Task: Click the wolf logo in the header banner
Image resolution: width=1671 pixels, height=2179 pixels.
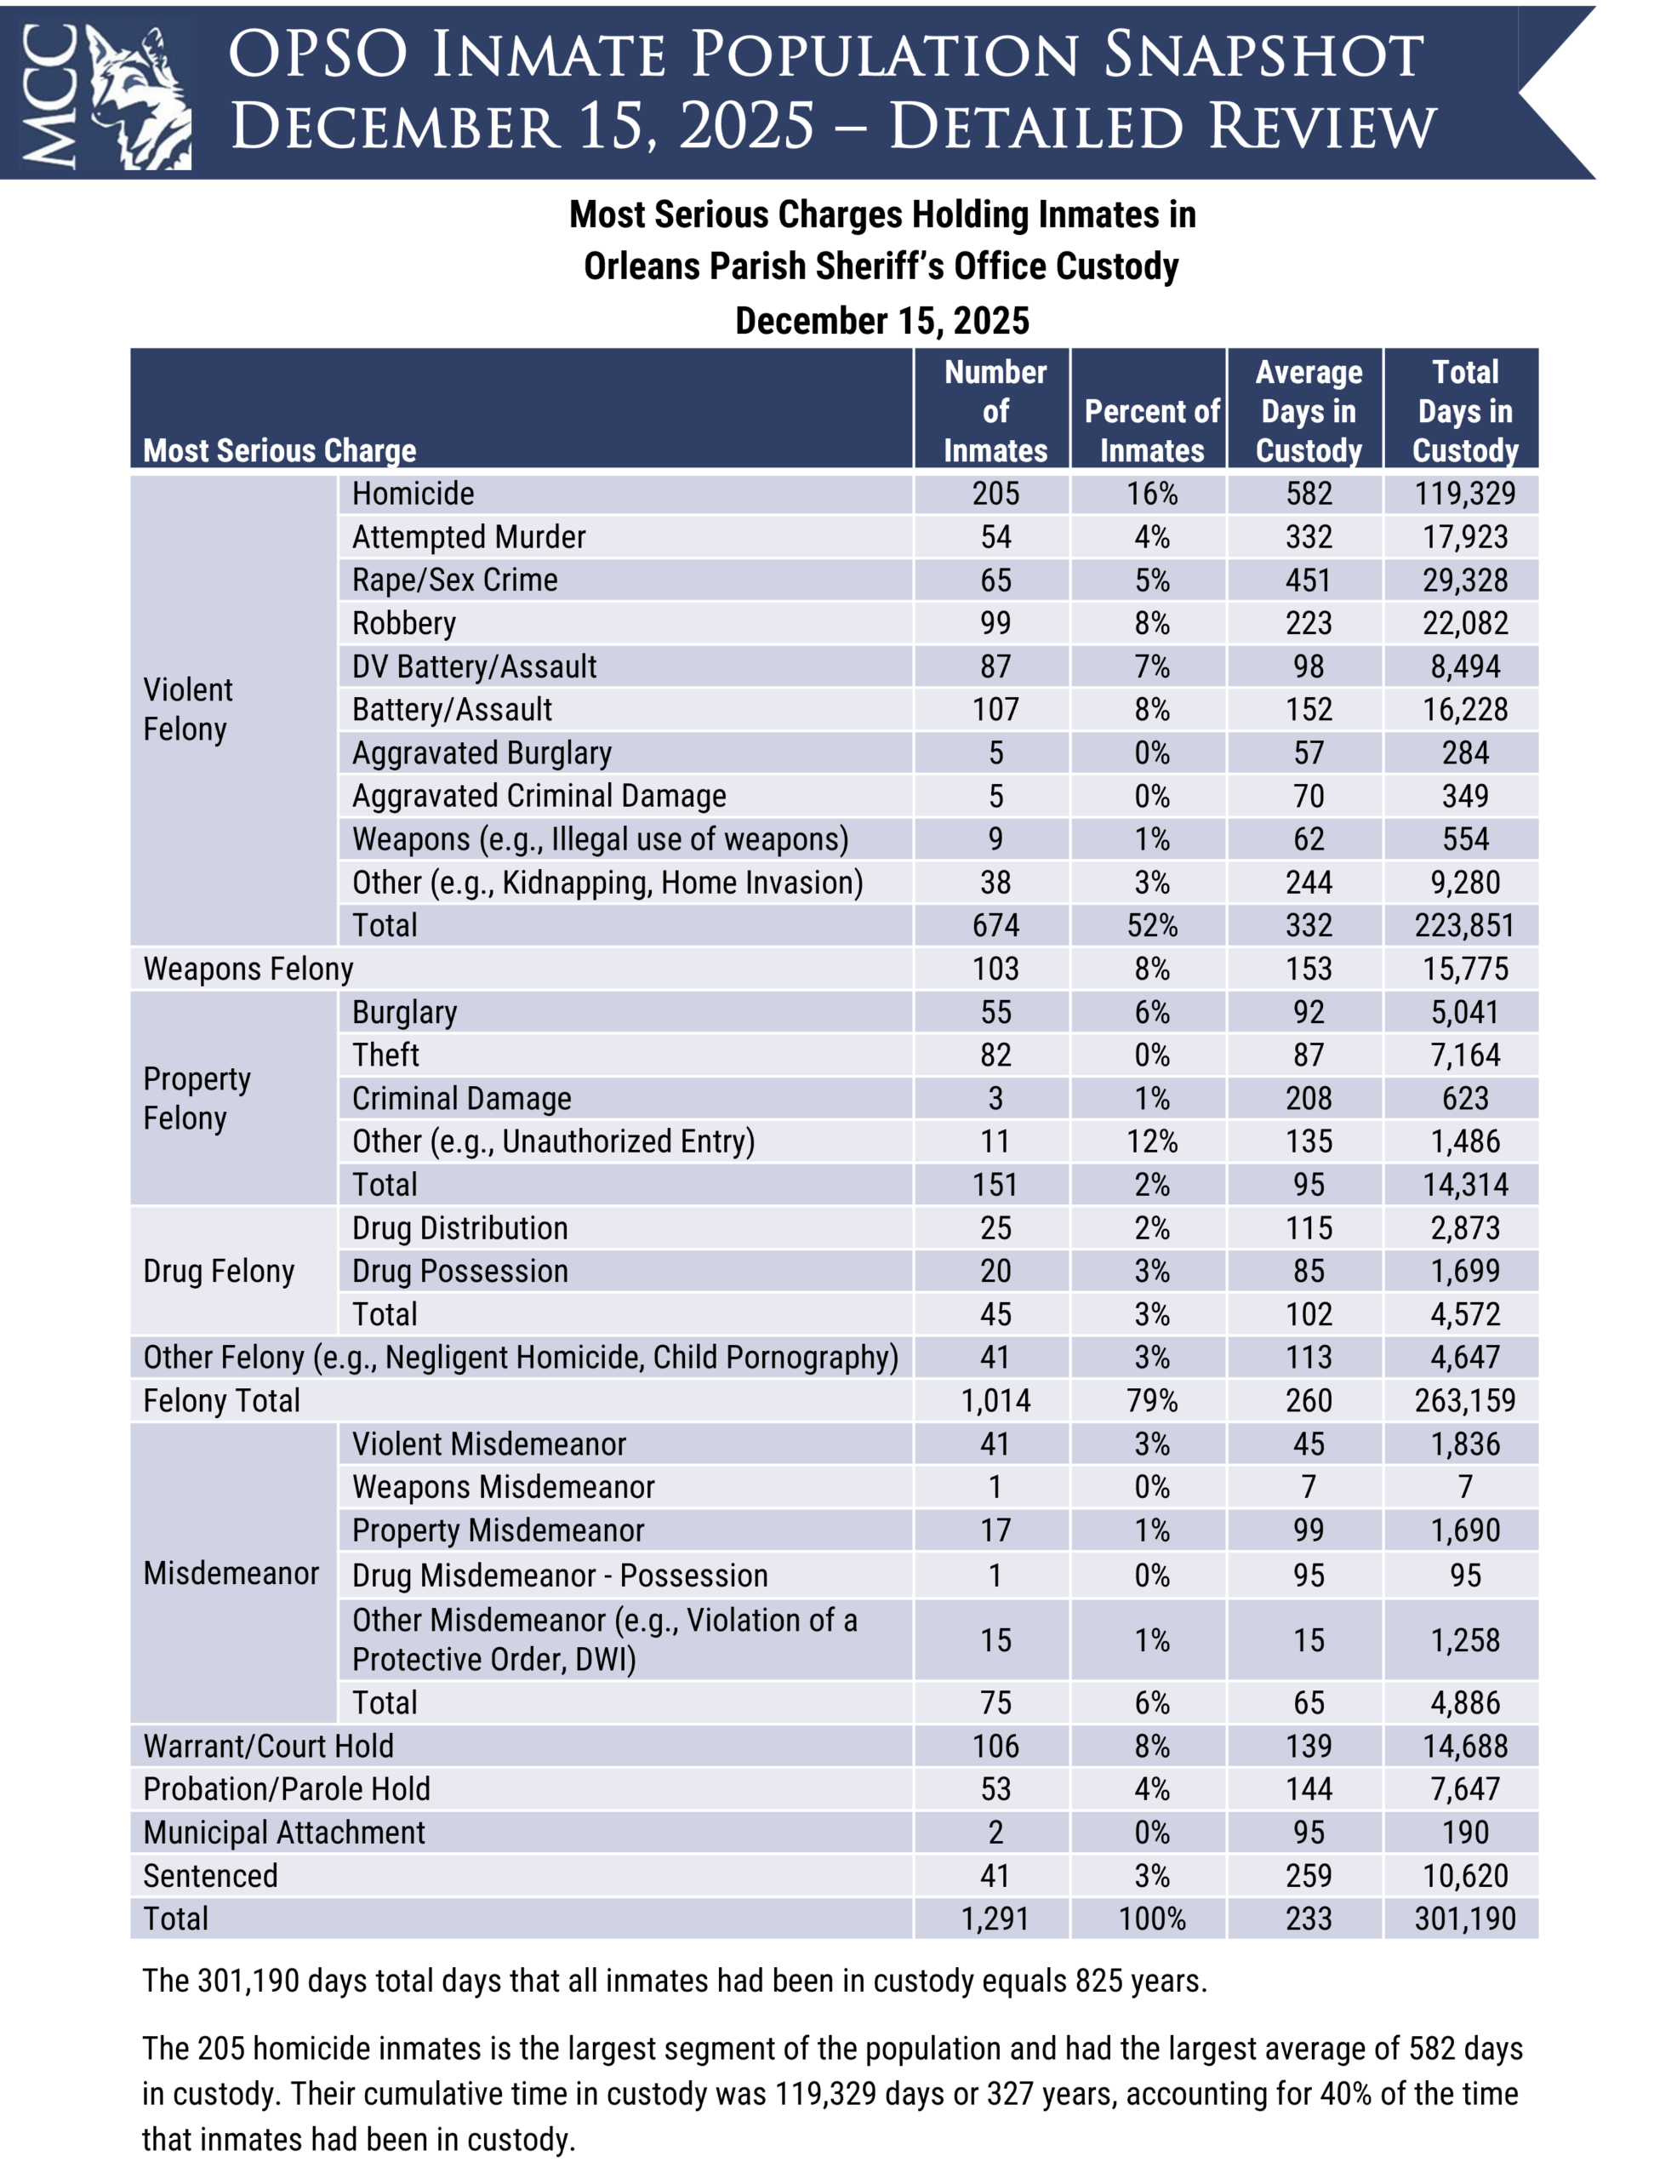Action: [x=140, y=96]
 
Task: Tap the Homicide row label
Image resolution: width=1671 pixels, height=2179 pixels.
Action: [x=413, y=494]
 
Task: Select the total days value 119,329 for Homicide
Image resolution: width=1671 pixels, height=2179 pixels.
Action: [x=1464, y=494]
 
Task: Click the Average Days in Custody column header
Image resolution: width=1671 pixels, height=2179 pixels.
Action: [x=1308, y=411]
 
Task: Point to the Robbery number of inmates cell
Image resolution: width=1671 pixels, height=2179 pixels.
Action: [x=995, y=623]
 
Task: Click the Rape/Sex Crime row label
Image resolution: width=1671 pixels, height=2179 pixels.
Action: [x=454, y=580]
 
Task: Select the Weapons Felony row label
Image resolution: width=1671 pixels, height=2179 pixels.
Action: [x=248, y=969]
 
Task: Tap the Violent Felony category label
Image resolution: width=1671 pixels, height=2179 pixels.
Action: [x=187, y=709]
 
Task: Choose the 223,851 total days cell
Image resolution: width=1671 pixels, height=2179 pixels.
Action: [x=1464, y=925]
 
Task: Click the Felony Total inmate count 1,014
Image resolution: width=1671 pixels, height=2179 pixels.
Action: [x=995, y=1401]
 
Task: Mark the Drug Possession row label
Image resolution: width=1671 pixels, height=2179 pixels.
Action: [x=459, y=1271]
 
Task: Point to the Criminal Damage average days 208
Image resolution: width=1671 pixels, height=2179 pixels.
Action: [x=1308, y=1099]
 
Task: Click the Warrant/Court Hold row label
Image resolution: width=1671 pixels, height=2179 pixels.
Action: [x=269, y=1747]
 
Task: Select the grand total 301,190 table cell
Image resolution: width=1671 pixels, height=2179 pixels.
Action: [x=1464, y=1919]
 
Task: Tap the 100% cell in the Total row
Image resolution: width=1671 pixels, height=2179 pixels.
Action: [x=1151, y=1919]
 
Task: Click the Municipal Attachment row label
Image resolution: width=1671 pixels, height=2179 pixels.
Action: [x=283, y=1833]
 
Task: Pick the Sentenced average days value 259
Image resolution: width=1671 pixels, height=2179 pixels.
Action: [x=1308, y=1875]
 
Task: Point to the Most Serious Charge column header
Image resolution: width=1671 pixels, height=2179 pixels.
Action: [x=280, y=451]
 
